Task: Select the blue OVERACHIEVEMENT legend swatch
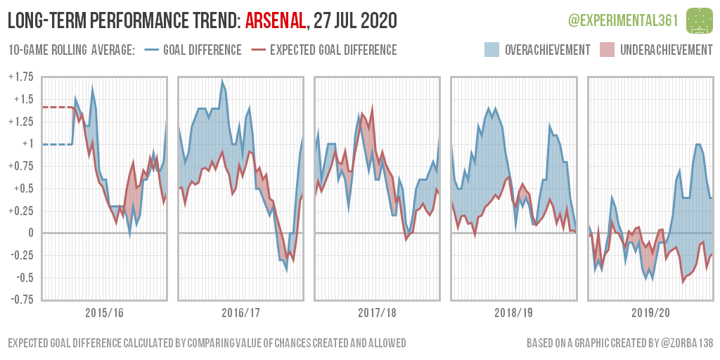click(492, 50)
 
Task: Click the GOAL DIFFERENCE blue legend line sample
click(151, 50)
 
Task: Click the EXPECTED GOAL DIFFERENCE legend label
click(333, 50)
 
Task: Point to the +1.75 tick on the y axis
click(22, 77)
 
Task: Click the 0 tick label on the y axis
click(30, 233)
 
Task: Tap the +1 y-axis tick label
click(27, 143)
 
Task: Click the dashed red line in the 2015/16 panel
click(56, 107)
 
